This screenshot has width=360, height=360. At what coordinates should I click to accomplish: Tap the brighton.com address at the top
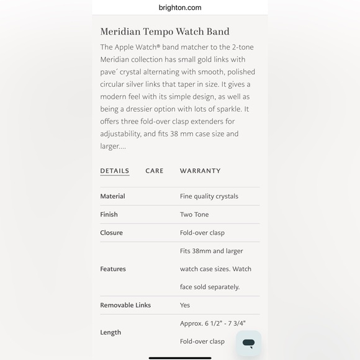click(x=180, y=7)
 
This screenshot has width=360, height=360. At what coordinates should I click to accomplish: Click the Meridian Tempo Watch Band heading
click(x=164, y=32)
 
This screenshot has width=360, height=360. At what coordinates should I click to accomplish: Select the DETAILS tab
click(x=115, y=171)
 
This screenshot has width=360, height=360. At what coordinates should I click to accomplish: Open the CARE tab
click(x=155, y=171)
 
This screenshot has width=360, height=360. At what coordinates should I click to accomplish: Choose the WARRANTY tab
click(x=200, y=171)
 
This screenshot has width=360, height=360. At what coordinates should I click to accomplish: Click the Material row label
click(x=112, y=196)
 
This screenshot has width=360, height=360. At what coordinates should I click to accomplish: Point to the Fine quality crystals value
click(x=209, y=196)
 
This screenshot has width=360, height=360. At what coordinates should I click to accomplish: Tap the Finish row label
click(x=109, y=214)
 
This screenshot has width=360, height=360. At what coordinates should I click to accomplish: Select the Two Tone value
click(x=194, y=214)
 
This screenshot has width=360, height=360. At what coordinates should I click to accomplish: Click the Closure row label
click(x=111, y=233)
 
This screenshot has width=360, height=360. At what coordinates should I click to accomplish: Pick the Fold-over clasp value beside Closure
click(x=202, y=233)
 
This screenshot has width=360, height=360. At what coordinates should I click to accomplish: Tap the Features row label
click(x=113, y=269)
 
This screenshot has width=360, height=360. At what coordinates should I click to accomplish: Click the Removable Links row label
click(x=125, y=305)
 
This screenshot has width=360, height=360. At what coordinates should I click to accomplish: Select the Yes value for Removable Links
click(x=185, y=305)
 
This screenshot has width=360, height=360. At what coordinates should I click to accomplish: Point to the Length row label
click(x=110, y=332)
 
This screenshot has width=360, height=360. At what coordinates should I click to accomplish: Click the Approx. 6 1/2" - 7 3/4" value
click(x=212, y=323)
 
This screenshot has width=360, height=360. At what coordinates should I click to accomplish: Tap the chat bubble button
click(x=248, y=343)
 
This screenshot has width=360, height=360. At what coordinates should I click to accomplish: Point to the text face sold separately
click(x=209, y=287)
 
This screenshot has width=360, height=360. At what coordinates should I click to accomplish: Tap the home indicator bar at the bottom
click(x=180, y=358)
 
